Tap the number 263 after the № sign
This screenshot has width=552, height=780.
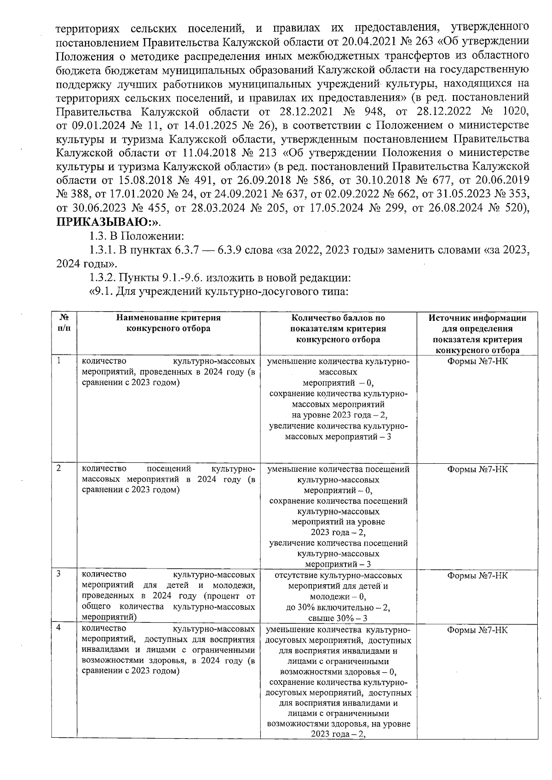[x=421, y=41]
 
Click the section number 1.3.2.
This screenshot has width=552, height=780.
[x=102, y=278]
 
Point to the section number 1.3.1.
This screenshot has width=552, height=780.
[x=102, y=250]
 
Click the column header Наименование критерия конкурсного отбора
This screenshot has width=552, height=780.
[x=168, y=323]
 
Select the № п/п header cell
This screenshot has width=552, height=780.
[x=64, y=323]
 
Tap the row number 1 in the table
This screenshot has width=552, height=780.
[x=59, y=361]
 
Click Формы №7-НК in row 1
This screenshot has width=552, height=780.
[x=477, y=361]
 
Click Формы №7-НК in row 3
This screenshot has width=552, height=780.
[x=477, y=575]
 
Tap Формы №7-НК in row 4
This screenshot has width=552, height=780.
[x=477, y=630]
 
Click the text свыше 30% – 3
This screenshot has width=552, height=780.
[x=338, y=618]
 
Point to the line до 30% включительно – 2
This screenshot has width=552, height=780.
[x=338, y=608]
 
